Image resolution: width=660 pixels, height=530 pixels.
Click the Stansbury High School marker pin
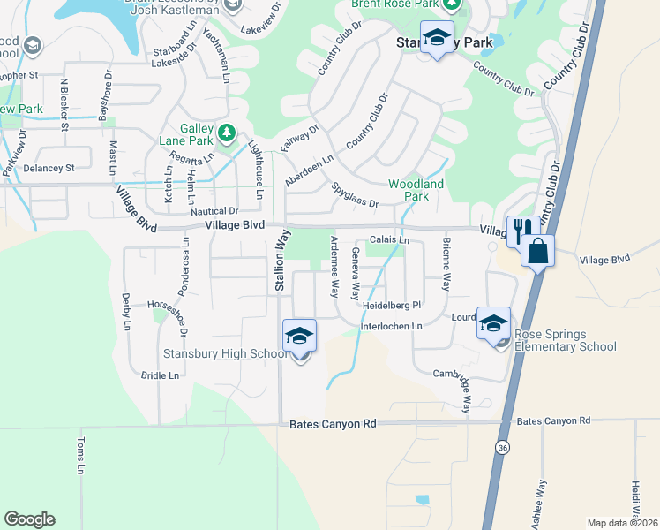[299, 337]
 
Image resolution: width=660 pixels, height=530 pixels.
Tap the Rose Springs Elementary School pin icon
[494, 324]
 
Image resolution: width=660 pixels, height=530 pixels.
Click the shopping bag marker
[536, 252]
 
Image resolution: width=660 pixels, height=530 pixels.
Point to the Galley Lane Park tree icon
[228, 133]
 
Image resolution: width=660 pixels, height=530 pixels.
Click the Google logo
[29, 519]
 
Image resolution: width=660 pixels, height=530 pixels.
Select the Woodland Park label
[416, 190]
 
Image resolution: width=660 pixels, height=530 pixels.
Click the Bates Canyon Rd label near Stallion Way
[333, 424]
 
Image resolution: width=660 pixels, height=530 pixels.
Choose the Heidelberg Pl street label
[393, 306]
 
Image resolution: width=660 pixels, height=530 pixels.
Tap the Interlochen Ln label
[391, 327]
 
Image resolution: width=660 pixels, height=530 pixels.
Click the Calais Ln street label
[389, 239]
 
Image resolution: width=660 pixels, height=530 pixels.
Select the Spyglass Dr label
[355, 196]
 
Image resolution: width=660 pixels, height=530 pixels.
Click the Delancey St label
[56, 166]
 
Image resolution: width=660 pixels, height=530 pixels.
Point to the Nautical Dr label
[215, 211]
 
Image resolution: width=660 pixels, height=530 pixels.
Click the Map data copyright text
[622, 523]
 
